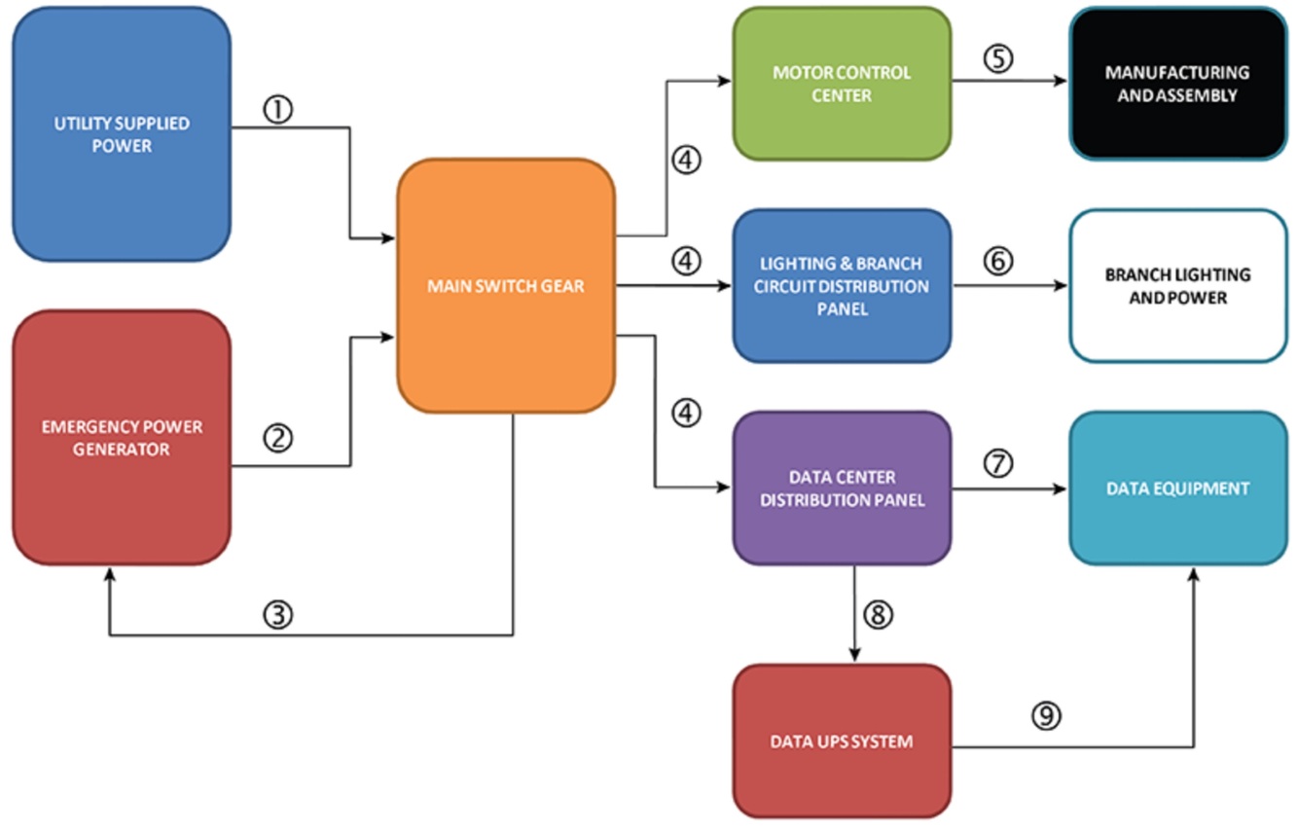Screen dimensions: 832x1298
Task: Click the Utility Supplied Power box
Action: [122, 134]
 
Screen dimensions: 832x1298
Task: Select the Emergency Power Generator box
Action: [122, 438]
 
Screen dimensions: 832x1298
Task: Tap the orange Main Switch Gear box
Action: [506, 286]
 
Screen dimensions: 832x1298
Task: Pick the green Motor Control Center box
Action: [842, 84]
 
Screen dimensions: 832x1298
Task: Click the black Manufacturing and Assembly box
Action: [1177, 84]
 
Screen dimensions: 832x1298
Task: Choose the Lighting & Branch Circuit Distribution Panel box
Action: [842, 286]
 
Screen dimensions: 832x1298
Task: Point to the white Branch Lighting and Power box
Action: [1177, 286]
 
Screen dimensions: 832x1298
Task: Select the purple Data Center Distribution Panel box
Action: [842, 488]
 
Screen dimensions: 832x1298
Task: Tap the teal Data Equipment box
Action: [1177, 488]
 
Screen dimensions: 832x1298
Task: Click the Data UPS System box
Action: [842, 742]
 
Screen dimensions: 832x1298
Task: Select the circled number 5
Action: [997, 57]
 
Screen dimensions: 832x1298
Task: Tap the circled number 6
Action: [997, 262]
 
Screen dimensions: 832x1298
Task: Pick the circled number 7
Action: [997, 464]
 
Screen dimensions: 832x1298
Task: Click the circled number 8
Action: [876, 615]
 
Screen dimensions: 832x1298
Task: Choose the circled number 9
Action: [1046, 717]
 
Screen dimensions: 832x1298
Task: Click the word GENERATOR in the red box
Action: [122, 450]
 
